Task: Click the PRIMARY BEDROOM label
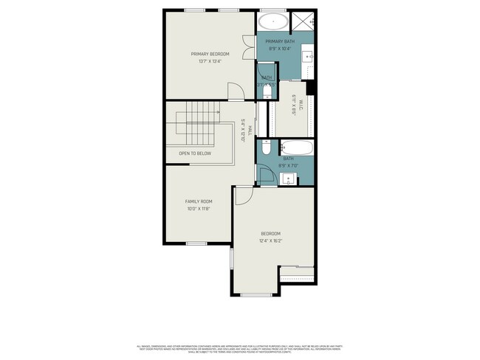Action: [210, 54]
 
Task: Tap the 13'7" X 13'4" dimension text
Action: [210, 61]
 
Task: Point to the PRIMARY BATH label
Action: [280, 41]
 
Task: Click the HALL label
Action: [250, 130]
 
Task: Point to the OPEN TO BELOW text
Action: [195, 153]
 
